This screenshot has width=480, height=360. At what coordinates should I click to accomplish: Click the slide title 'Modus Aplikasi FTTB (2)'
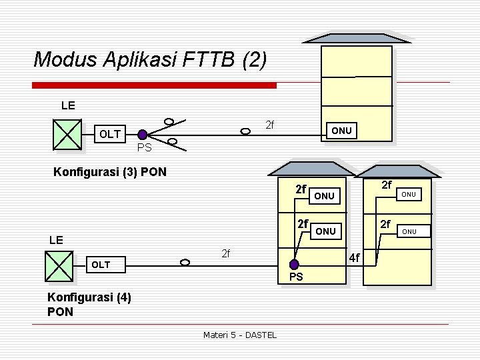click(x=150, y=60)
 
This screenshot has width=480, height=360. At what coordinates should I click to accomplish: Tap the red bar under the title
click(x=155, y=85)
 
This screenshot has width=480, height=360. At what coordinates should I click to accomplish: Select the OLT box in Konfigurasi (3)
click(x=110, y=135)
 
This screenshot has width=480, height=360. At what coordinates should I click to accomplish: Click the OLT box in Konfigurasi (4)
click(x=101, y=265)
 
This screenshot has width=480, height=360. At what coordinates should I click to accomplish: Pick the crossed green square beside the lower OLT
click(x=59, y=265)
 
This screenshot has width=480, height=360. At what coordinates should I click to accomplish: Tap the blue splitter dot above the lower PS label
click(x=297, y=265)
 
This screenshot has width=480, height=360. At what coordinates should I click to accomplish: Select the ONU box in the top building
click(x=341, y=131)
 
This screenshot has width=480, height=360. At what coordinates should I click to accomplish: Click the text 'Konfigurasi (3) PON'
click(x=109, y=173)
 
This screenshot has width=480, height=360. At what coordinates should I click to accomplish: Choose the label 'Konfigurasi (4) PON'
click(x=89, y=305)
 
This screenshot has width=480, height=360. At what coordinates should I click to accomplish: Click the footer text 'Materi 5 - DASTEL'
click(x=239, y=335)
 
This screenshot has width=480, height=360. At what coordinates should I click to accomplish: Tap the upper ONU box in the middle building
click(x=324, y=196)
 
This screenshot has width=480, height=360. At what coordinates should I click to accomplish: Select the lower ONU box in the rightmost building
click(x=408, y=231)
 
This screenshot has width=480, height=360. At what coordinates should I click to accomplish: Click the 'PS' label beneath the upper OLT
click(x=144, y=147)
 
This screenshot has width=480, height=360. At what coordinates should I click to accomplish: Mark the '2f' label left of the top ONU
click(x=270, y=125)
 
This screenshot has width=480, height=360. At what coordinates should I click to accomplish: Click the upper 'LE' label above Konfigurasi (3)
click(x=68, y=105)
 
